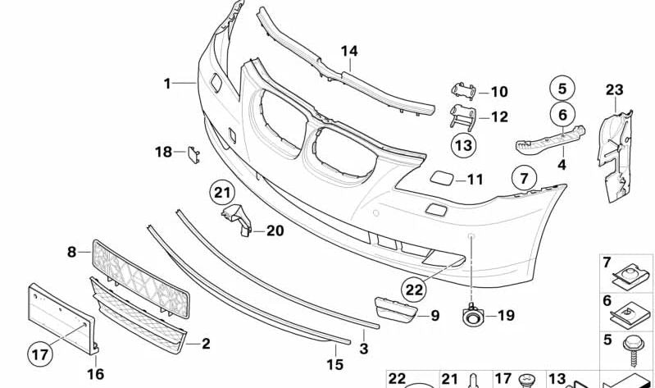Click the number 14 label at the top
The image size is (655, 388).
click(349, 51)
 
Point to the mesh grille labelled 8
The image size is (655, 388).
click(139, 275)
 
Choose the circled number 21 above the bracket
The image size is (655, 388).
click(221, 194)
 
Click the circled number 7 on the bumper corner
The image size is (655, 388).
click(524, 176)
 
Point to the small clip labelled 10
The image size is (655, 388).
click(461, 92)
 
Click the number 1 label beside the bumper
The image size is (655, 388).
click(167, 83)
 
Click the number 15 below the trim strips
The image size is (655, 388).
click(334, 364)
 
